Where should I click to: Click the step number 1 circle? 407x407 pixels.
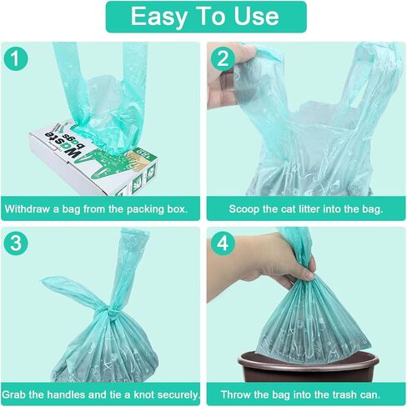(16, 58)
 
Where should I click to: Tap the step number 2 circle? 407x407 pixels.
(223, 58)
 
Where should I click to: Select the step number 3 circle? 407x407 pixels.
(16, 244)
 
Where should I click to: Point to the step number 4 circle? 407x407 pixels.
(223, 244)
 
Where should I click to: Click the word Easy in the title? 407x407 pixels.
(158, 18)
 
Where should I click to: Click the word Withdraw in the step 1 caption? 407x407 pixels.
(28, 209)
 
